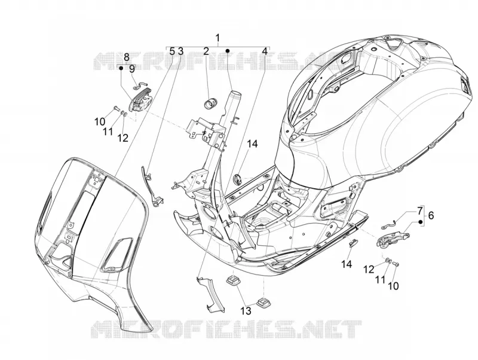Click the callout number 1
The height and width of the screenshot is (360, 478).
coord(217,38)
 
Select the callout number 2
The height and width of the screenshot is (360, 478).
coord(206,51)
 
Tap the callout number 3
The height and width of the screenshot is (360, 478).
coord(181,51)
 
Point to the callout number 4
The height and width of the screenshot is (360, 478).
coord(265,51)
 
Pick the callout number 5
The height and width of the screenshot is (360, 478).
coord(172,51)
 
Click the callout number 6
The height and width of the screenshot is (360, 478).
coord(430,215)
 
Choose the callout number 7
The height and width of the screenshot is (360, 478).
coord(419,210)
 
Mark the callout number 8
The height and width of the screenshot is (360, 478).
coord(127,57)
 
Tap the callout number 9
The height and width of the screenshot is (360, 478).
coord(131,69)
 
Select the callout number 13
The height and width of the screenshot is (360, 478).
coord(246,310)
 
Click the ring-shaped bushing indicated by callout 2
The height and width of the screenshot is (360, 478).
coord(210,103)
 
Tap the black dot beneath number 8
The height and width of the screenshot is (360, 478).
coord(121,68)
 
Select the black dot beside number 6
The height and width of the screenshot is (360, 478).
coord(421,222)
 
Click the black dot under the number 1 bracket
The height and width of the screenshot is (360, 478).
coord(227,50)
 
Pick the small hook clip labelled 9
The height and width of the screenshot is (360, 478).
coord(141,86)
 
